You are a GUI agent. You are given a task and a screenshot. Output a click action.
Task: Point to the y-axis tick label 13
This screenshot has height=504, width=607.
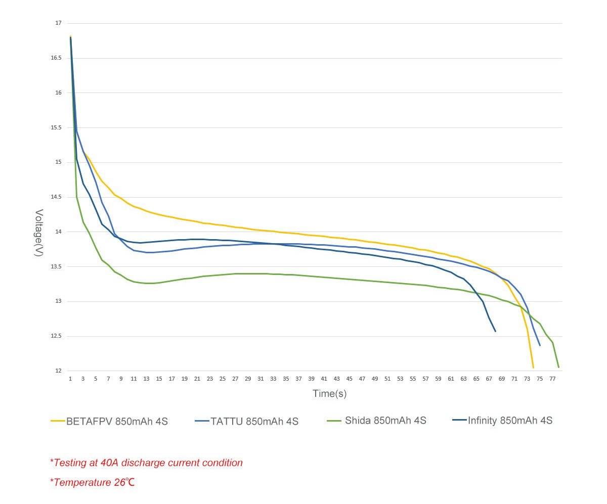(x=58, y=301)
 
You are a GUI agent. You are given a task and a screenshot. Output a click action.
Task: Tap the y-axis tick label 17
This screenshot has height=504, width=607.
(x=58, y=23)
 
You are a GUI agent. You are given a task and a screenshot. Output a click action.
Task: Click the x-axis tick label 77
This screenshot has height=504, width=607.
(x=552, y=379)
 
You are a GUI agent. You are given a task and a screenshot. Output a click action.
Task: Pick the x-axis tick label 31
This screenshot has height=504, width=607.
(x=261, y=379)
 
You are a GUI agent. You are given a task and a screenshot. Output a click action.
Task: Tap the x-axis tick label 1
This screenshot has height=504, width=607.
(x=70, y=379)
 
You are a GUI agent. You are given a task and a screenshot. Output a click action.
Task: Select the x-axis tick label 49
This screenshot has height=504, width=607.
(x=375, y=379)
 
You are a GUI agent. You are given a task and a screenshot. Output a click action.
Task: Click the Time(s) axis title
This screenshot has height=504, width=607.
(x=329, y=393)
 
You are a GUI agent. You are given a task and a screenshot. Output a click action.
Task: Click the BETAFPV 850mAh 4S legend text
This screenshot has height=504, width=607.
(x=117, y=421)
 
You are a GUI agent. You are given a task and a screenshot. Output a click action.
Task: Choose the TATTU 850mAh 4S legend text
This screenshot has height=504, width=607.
(x=254, y=421)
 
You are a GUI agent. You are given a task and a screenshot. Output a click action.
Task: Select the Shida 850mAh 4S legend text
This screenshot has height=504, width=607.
(x=385, y=420)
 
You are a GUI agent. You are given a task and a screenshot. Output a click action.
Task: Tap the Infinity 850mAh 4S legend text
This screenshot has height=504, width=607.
(x=510, y=420)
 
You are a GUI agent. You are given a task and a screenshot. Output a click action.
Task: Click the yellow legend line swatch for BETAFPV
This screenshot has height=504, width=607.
(x=58, y=421)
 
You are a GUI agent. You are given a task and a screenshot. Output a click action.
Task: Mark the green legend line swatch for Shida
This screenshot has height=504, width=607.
(x=334, y=420)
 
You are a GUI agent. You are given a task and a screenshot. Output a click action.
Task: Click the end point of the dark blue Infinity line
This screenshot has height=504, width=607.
(x=495, y=331)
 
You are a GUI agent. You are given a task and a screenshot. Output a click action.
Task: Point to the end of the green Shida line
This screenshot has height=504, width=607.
(x=558, y=367)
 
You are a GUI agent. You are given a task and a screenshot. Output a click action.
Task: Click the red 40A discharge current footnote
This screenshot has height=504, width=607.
(x=146, y=463)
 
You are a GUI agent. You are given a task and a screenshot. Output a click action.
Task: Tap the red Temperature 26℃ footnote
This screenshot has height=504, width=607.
(x=93, y=482)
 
